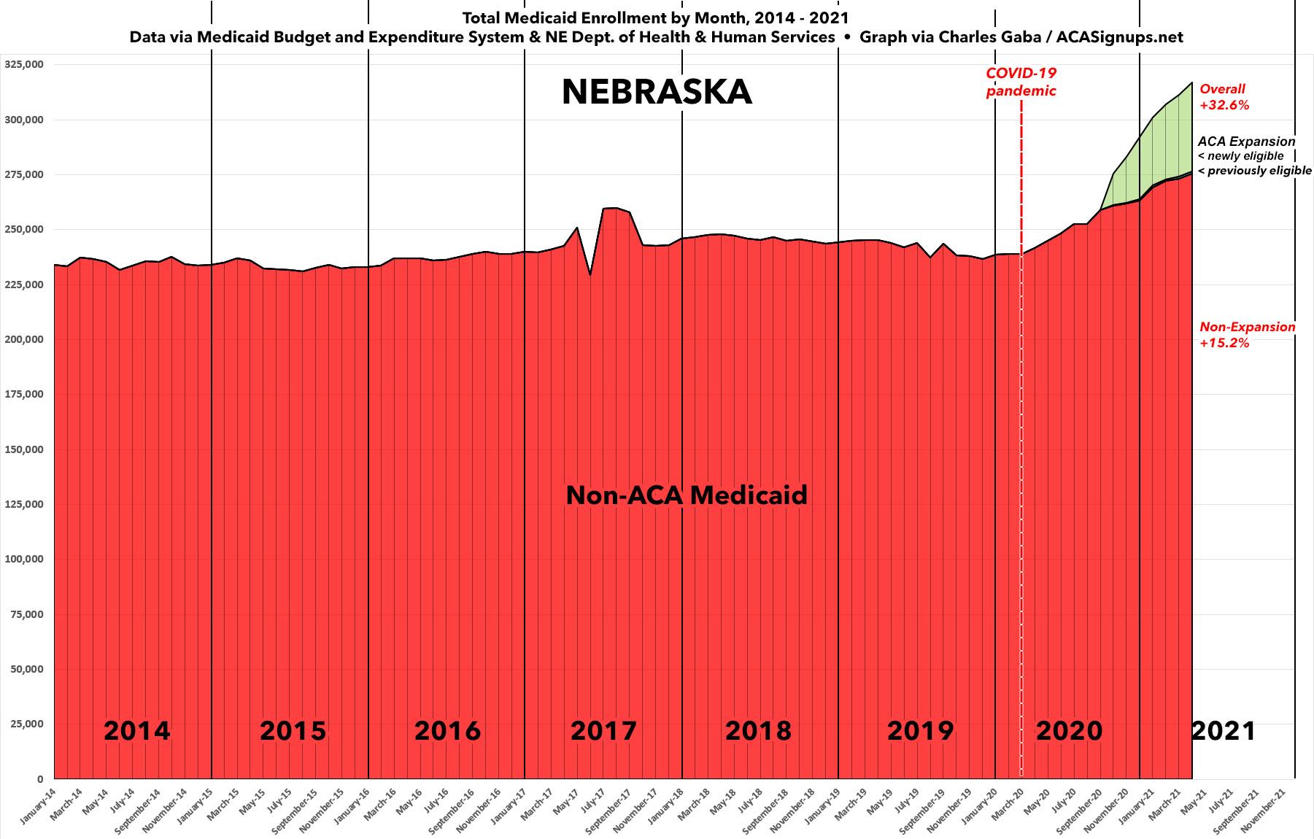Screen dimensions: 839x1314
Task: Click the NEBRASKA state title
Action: pos(657,92)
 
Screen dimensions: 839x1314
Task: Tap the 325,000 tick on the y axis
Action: pos(24,64)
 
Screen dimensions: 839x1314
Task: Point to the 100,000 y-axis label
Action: pos(24,560)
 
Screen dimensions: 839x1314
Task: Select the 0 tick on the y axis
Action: pos(40,779)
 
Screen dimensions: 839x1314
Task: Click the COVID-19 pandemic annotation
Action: pos(1021,82)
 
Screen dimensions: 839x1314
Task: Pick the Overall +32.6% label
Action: pos(1224,97)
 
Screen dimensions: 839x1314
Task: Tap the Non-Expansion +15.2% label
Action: pos(1247,334)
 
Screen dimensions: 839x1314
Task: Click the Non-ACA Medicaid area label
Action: pos(687,495)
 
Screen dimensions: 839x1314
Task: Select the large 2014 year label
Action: pos(137,730)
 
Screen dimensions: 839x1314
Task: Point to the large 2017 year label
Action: pos(603,730)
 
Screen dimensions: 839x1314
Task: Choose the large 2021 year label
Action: pos(1224,730)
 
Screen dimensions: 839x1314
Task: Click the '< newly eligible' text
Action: pos(1240,156)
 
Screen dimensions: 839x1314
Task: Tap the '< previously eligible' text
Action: pos(1254,171)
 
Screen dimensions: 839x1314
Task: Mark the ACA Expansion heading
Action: pos(1246,142)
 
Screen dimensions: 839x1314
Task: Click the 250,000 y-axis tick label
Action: pos(24,229)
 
